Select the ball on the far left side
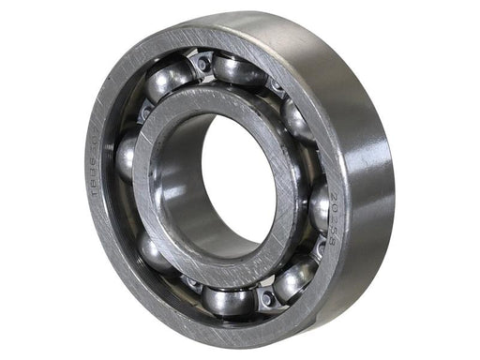click(x=127, y=155)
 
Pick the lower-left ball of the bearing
click(x=156, y=251)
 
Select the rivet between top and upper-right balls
click(x=276, y=89)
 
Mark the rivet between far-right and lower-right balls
click(x=319, y=247)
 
